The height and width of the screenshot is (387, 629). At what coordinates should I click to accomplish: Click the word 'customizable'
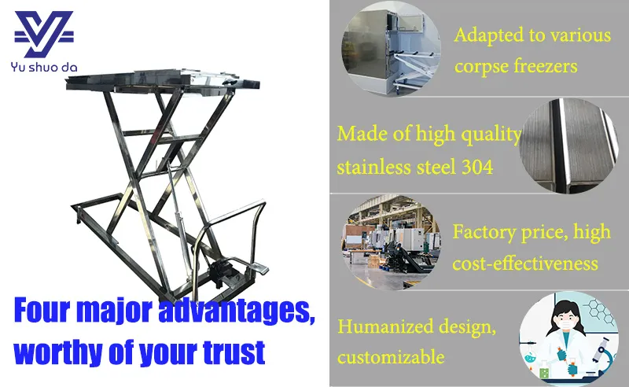point(391,357)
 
